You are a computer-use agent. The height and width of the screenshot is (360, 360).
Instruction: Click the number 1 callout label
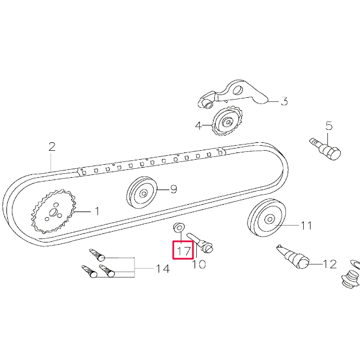pyautogui.click(x=96, y=212)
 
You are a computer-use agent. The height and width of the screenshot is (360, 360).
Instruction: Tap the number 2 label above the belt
pyautogui.click(x=52, y=147)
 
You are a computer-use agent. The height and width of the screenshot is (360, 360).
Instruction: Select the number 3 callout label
pyautogui.click(x=284, y=102)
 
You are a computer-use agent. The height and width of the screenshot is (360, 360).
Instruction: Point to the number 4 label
pyautogui.click(x=199, y=126)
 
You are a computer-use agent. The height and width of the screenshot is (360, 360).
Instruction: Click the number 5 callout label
pyautogui.click(x=329, y=126)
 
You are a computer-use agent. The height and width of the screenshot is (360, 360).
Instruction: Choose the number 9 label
pyautogui.click(x=173, y=190)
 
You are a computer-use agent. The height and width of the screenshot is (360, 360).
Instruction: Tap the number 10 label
pyautogui.click(x=199, y=263)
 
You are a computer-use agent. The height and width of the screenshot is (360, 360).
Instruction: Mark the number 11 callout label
pyautogui.click(x=305, y=226)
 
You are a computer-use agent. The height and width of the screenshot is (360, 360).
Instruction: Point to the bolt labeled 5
pyautogui.click(x=326, y=148)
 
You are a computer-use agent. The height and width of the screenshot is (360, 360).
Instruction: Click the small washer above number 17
pyautogui.click(x=178, y=228)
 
